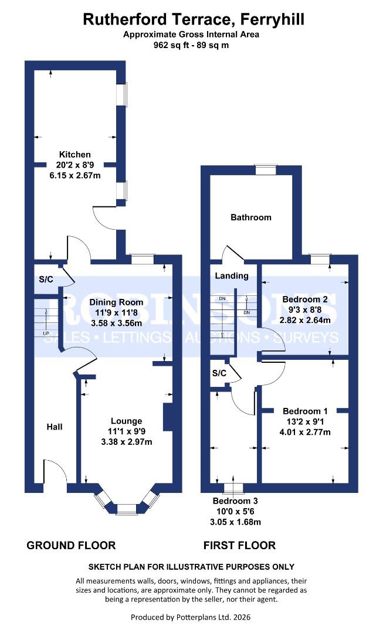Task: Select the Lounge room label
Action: coord(127,421)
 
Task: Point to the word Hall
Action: coord(55,427)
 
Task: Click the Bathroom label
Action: coord(251,217)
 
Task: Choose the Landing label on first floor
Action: coord(232,275)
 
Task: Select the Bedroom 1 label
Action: coord(304,411)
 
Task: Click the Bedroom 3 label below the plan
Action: coord(235,502)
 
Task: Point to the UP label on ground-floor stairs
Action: coord(46,333)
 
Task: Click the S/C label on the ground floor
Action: coord(46,279)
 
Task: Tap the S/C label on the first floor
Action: coord(219,373)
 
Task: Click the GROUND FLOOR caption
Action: coord(71,546)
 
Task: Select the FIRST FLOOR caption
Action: coord(239,546)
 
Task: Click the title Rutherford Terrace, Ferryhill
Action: coord(194,19)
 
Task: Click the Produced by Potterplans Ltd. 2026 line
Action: coord(191,617)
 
